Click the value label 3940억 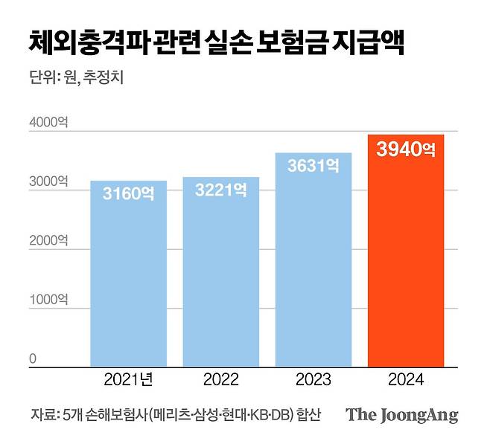(x=406, y=150)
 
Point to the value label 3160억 (x=128, y=195)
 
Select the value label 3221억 (x=220, y=191)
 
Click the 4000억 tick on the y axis (x=48, y=123)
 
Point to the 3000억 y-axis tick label (x=48, y=181)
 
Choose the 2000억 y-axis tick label (x=48, y=241)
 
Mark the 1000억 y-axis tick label (x=48, y=300)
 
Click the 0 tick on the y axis (x=33, y=359)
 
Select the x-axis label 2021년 (x=128, y=380)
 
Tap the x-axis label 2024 (x=406, y=380)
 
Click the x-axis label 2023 (x=314, y=380)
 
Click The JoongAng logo (x=401, y=414)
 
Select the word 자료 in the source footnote (x=41, y=414)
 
